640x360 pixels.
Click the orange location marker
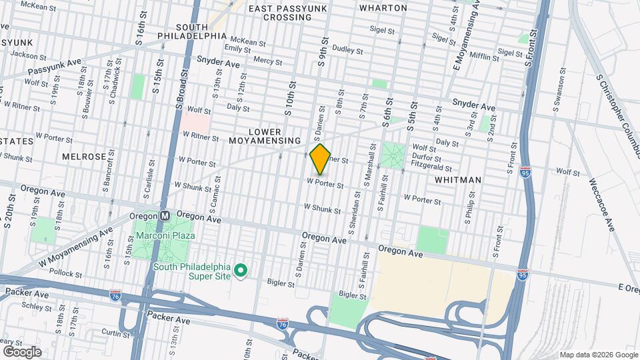tap(321, 159)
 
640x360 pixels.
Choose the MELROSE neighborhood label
tap(84, 157)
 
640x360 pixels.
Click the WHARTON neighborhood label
tap(383, 8)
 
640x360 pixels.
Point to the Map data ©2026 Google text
tap(599, 355)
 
